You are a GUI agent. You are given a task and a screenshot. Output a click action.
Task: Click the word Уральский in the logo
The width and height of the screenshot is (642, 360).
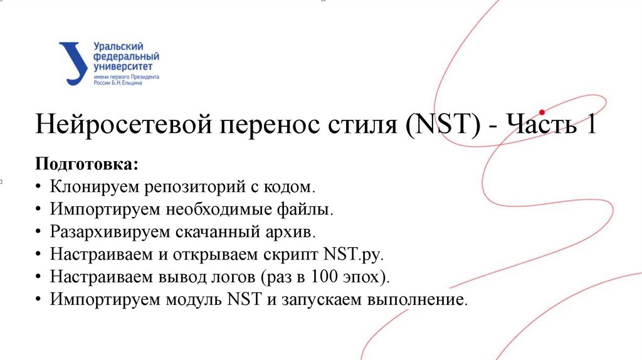[x=118, y=47]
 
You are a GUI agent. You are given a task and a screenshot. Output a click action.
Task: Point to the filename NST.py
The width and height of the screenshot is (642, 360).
[x=352, y=255]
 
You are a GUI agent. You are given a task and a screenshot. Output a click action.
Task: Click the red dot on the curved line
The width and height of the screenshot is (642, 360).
[x=542, y=113]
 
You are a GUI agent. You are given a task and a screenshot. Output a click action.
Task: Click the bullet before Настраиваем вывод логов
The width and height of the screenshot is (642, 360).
[x=39, y=277]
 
